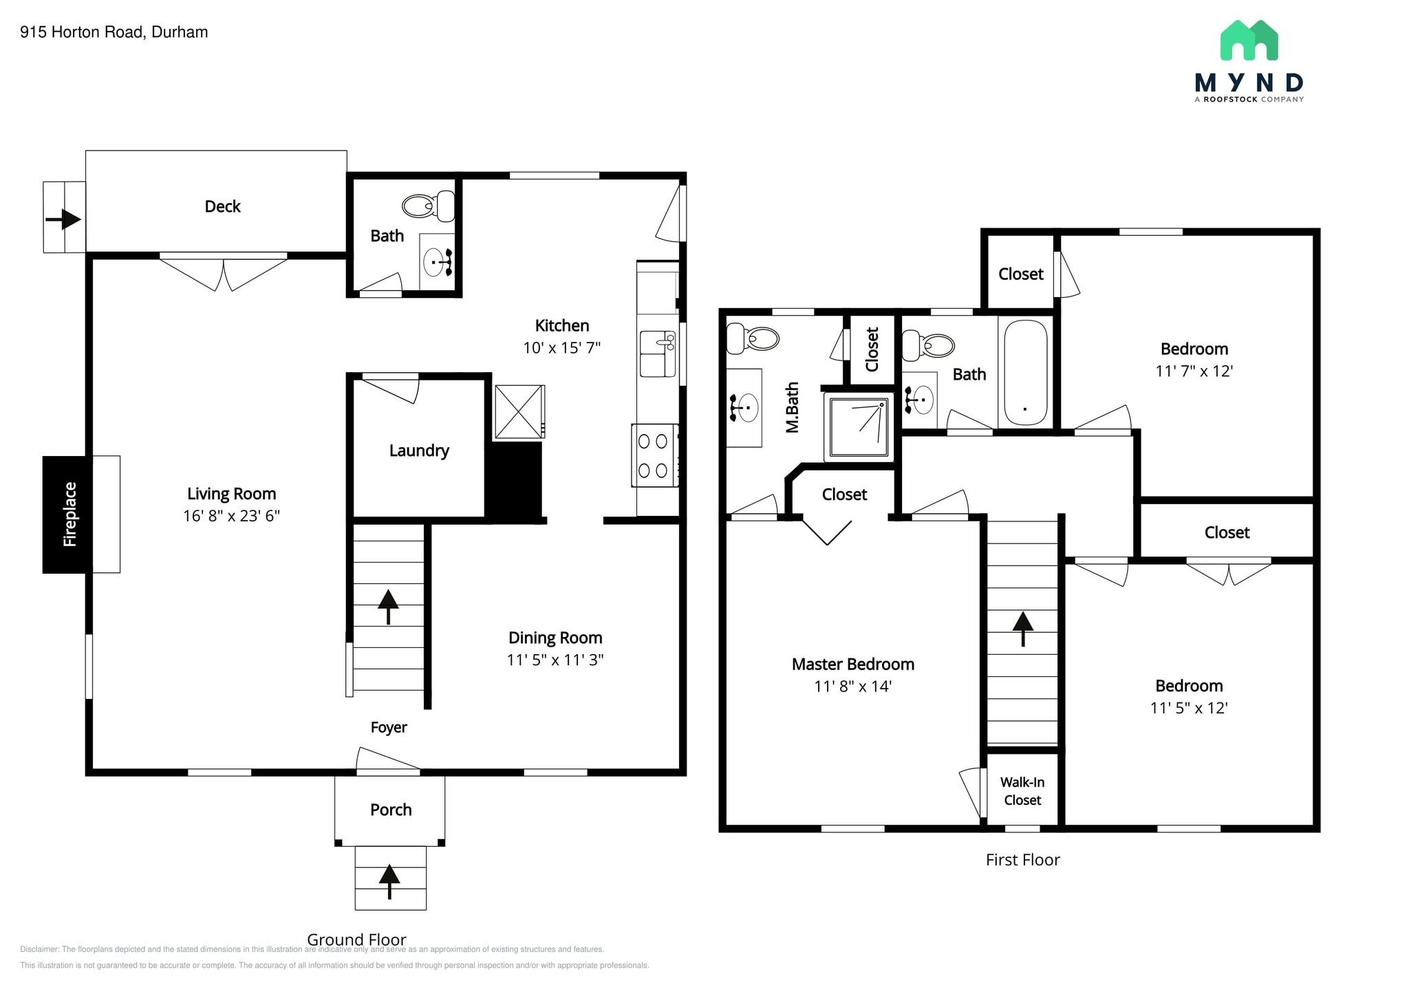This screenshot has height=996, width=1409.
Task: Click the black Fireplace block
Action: tap(67, 514)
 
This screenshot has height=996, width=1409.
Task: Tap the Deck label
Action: tap(222, 206)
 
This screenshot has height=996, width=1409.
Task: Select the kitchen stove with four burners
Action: tap(654, 455)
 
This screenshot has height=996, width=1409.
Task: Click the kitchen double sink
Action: tap(657, 354)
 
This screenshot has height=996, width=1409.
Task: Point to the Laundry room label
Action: tap(419, 451)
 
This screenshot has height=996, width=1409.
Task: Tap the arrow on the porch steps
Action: tap(389, 881)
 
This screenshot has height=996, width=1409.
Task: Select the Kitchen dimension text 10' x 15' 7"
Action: tap(561, 348)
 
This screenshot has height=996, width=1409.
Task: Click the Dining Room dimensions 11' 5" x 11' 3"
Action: tap(555, 660)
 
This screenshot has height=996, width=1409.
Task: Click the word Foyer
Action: tap(389, 728)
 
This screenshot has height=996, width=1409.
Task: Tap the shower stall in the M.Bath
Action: tap(859, 427)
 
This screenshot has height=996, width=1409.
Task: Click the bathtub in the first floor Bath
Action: tap(1025, 373)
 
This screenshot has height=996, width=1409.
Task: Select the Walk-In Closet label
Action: tap(1022, 791)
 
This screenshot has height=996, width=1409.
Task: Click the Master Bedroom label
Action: tap(852, 664)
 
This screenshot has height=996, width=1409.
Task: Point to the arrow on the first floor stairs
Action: tap(1023, 628)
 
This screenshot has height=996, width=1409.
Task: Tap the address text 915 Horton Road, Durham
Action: tap(114, 32)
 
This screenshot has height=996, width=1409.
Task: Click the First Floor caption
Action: tap(1022, 860)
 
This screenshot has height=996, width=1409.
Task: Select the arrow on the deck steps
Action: tap(63, 219)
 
